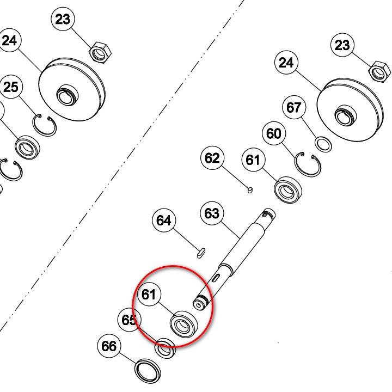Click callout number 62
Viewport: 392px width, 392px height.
coord(212,158)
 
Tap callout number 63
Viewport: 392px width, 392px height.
coord(212,213)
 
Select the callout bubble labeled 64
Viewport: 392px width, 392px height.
coord(164,220)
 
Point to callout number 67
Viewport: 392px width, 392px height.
coord(294,107)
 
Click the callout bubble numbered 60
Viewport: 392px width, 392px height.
coord(274,133)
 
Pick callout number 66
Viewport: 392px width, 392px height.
coord(109,346)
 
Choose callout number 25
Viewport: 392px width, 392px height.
coord(11,87)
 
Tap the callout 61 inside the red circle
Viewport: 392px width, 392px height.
coord(149,294)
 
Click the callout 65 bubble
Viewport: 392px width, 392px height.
coord(130,320)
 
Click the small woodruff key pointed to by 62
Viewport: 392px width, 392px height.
coord(250,190)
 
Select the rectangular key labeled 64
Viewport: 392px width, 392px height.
coord(201,253)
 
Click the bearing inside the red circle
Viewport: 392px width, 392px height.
coord(184,324)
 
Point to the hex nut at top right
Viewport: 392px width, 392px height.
coord(379,72)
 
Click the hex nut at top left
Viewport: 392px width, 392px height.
coord(100,52)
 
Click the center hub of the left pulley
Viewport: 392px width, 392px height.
coord(68,95)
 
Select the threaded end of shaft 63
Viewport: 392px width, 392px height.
coord(201,302)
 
